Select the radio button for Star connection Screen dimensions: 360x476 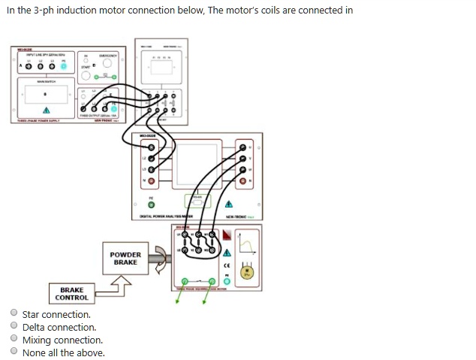coord(14,314)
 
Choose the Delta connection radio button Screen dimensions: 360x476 coord(14,327)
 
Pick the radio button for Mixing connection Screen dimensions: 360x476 coord(14,340)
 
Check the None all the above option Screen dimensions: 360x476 coord(14,352)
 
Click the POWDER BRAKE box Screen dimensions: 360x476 coord(125,259)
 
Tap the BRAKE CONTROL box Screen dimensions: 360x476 coord(71,294)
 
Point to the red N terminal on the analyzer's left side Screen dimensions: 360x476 coord(151,182)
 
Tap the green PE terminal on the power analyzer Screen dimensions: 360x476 coord(151,204)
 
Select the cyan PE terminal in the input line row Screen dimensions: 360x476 coord(63,66)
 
